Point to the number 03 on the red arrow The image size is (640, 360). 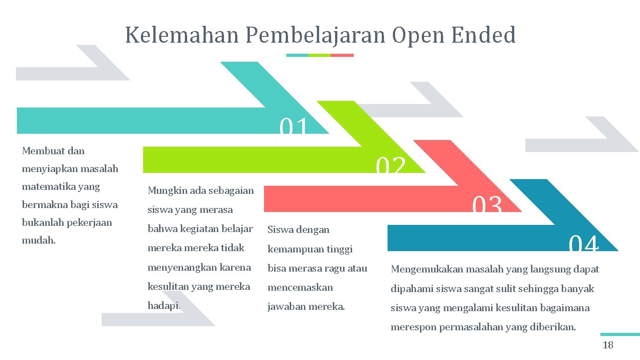[487, 205]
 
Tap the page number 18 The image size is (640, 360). [608, 345]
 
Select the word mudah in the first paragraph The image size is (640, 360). [38, 240]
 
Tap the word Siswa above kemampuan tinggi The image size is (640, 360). [279, 230]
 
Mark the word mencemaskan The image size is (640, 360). [300, 288]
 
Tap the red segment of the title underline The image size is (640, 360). [342, 55]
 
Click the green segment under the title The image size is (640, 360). [320, 55]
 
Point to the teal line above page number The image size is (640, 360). [620, 334]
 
